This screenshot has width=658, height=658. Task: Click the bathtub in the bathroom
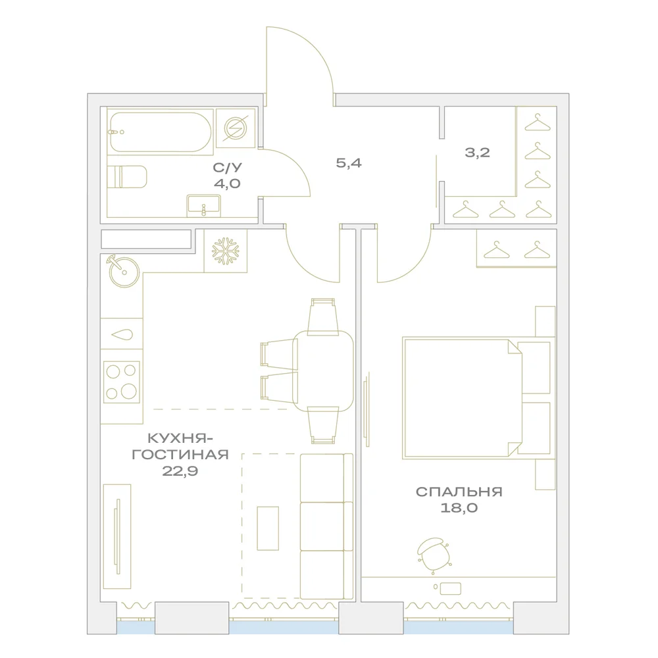pos(160,132)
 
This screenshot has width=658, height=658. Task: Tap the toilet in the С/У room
pos(127,176)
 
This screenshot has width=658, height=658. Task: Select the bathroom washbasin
pos(203,206)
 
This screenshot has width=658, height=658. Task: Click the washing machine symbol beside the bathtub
pos(236,128)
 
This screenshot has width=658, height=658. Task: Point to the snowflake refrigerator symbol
pos(225,251)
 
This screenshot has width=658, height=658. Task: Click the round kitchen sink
pos(124,272)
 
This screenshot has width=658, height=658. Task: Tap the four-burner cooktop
pos(121,382)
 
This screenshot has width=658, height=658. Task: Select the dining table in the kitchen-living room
pos(322,371)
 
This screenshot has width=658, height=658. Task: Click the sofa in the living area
pos(326,526)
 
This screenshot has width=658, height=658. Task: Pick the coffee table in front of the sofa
pos(268,528)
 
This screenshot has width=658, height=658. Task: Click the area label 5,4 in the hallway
pos(349,163)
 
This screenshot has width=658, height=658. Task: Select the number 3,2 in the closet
pos(477,153)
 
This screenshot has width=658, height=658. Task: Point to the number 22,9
pos(180,471)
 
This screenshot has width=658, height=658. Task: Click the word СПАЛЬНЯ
pos(459,492)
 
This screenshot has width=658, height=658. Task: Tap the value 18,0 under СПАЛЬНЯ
pos(459,508)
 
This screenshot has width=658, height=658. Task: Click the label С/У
pos(227,168)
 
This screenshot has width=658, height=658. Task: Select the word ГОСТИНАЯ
pos(180,455)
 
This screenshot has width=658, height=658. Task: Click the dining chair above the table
pos(322,317)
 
